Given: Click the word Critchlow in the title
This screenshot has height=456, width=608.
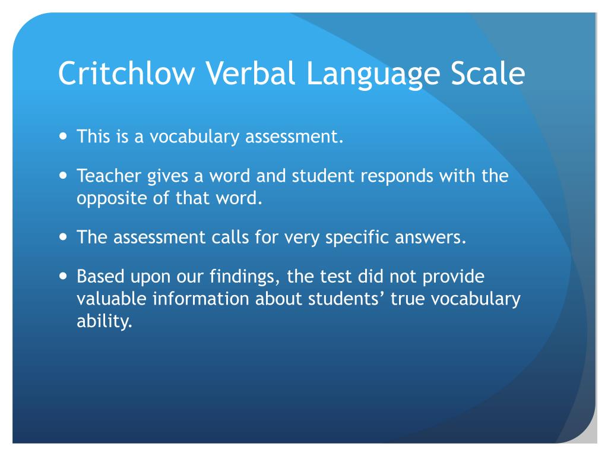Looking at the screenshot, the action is [x=126, y=73].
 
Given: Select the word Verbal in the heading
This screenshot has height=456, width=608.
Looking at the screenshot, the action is [x=250, y=73].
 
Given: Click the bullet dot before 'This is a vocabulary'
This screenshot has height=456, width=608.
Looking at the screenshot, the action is [x=64, y=137].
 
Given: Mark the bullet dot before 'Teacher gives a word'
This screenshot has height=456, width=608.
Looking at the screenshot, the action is [x=64, y=176].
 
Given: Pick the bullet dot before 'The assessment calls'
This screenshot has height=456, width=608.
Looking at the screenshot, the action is [x=64, y=237].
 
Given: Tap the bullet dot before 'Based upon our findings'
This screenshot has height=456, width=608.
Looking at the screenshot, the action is [x=64, y=276].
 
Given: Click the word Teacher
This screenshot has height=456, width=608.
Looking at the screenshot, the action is [x=109, y=176].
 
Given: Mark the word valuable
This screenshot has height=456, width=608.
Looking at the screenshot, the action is [x=111, y=299].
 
